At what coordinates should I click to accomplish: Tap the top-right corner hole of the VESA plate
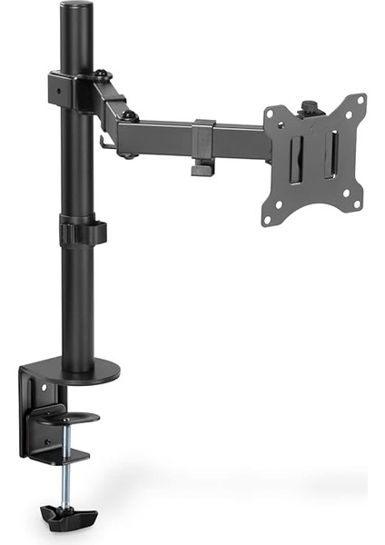(x=360, y=100)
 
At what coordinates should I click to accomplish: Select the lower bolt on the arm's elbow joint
(x=132, y=116)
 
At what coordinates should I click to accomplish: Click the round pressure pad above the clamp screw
(x=66, y=417)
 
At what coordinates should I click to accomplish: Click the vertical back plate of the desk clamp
(x=31, y=409)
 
